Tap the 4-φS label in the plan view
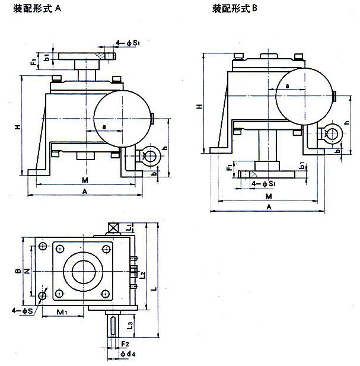click(21, 311)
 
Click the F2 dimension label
click(125, 343)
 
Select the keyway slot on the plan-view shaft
click(113, 327)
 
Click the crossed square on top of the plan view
click(113, 228)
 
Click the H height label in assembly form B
click(200, 106)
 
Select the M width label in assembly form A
click(85, 180)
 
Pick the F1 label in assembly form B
click(230, 169)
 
